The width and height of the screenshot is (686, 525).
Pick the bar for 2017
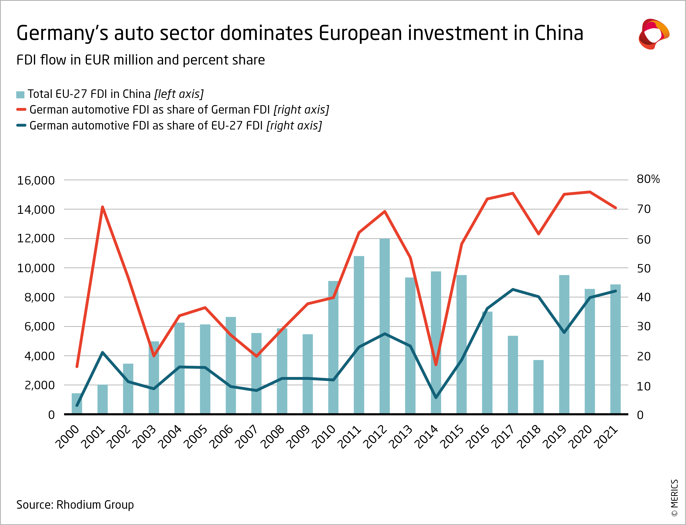tap(513, 375)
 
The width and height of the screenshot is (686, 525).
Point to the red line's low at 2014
tap(436, 364)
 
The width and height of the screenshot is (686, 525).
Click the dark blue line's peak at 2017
tap(513, 289)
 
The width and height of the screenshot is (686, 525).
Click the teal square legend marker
tap(20, 95)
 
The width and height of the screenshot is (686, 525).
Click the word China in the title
tap(559, 33)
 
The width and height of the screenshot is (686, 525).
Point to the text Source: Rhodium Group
tap(75, 505)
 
